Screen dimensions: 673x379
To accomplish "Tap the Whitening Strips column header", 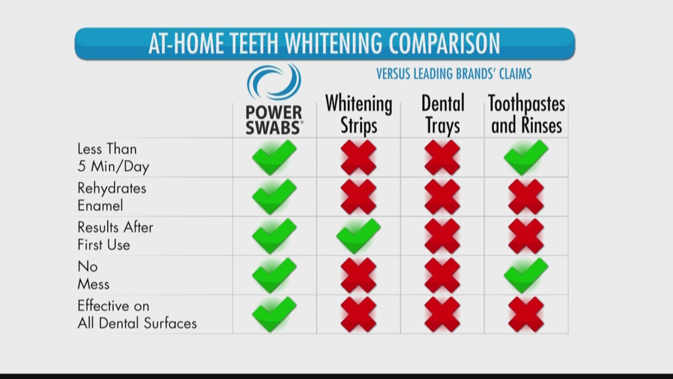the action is (359, 114).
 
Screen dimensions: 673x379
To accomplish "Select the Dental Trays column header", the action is (443, 114).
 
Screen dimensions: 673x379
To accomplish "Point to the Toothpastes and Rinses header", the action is (526, 114).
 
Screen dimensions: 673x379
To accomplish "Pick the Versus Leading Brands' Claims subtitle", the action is (454, 74).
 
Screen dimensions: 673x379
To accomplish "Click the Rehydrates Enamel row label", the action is (112, 197).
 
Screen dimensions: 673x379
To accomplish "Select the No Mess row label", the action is (93, 275).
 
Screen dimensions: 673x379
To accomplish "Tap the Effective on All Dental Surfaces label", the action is (137, 314).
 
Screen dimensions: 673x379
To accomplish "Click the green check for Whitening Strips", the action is (358, 236).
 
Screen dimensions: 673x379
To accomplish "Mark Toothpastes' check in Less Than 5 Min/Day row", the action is (526, 157).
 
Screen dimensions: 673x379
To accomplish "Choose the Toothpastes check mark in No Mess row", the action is (526, 275).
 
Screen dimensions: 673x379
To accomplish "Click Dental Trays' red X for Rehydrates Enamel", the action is (442, 197).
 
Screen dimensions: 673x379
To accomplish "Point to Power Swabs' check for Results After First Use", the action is (274, 236).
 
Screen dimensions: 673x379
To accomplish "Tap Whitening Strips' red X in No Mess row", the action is (358, 275).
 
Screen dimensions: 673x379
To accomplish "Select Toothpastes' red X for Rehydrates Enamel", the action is (526, 197).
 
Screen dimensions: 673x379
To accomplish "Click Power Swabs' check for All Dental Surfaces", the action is (274, 314).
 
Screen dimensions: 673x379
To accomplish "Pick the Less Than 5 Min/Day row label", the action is (113, 158).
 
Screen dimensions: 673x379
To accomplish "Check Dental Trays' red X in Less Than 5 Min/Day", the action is (442, 157).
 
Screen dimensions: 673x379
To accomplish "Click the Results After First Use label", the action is (115, 236).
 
